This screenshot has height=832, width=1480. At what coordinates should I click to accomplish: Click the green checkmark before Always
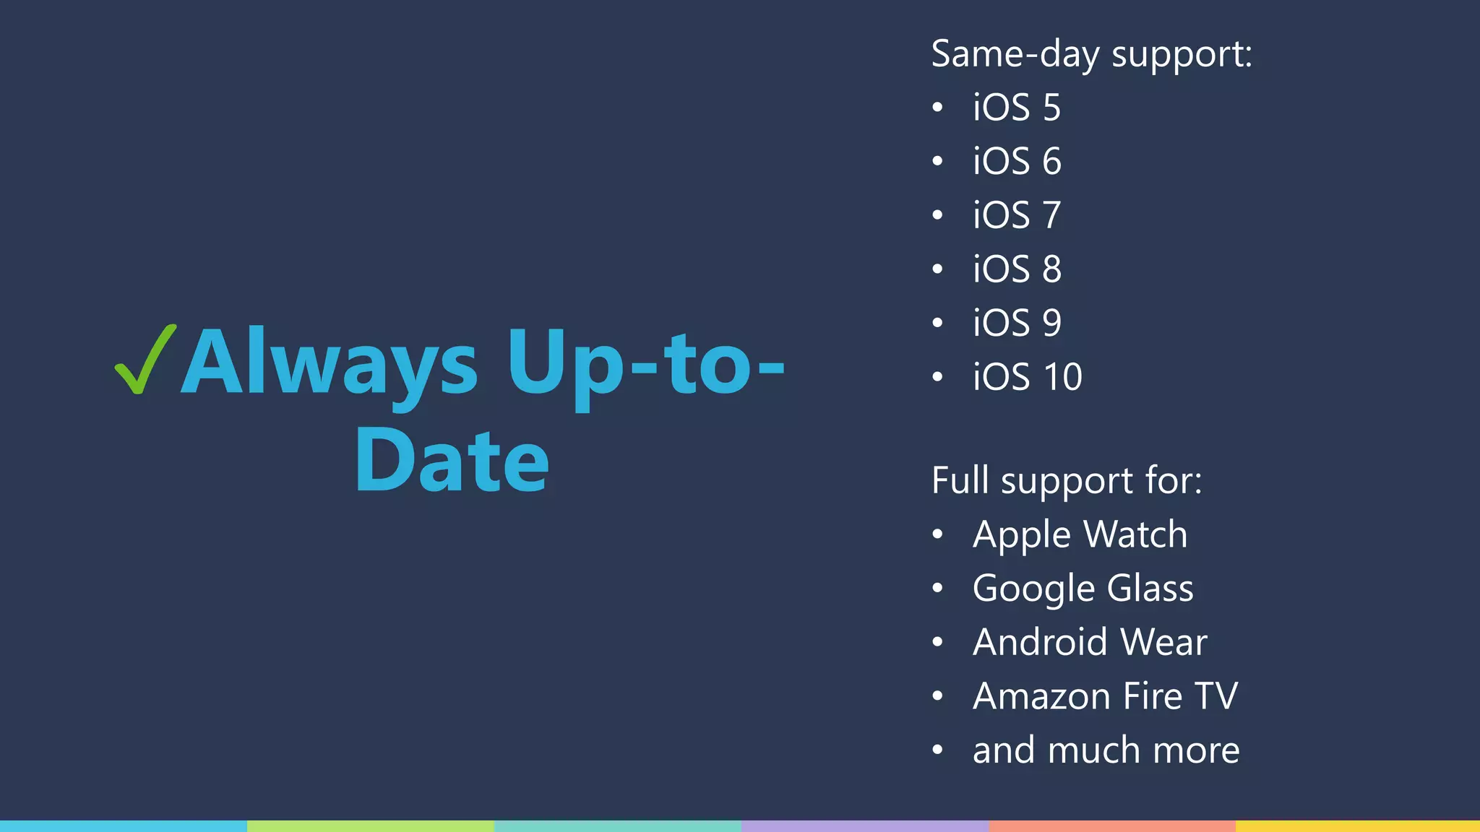[x=145, y=360]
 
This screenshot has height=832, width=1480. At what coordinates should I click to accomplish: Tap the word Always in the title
[x=329, y=363]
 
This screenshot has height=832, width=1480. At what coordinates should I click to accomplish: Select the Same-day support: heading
[x=1091, y=54]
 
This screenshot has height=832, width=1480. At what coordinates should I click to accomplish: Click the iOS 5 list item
[x=1017, y=108]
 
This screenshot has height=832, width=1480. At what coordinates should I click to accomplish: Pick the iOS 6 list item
[x=1017, y=161]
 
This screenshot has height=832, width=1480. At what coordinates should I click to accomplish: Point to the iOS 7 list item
[x=1017, y=215]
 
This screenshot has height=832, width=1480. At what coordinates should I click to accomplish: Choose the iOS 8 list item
[x=1017, y=269]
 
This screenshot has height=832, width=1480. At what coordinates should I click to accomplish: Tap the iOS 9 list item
[x=1017, y=323]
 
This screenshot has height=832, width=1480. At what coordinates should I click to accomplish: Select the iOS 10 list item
[x=1027, y=376]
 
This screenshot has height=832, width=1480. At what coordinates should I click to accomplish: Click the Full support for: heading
[x=1067, y=480]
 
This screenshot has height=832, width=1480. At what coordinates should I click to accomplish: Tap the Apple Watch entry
[x=1080, y=534]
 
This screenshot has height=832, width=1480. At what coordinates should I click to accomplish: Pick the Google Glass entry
[x=1083, y=588]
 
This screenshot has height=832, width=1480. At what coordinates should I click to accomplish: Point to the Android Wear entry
[x=1090, y=642]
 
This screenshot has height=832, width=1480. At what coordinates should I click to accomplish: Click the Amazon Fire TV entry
[x=1105, y=695]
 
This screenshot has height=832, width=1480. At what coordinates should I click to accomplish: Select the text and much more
[x=1106, y=750]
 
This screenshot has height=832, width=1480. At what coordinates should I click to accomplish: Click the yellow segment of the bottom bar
[x=1357, y=826]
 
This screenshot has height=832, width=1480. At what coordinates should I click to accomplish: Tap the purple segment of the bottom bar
[x=864, y=826]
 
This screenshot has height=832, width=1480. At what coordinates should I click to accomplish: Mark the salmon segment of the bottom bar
[x=1111, y=826]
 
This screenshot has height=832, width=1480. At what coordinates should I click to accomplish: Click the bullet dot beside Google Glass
[x=937, y=589]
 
